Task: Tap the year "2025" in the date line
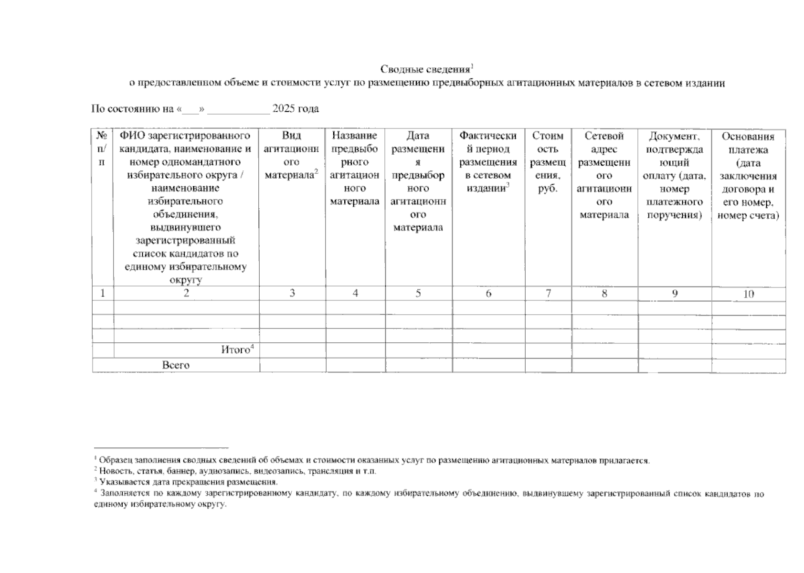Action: (283, 109)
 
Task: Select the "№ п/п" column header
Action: (102, 149)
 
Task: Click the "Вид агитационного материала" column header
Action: (292, 156)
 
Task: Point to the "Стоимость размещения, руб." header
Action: (548, 162)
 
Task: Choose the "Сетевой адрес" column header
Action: (604, 175)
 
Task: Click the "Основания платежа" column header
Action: (748, 176)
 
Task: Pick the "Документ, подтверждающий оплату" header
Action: (674, 175)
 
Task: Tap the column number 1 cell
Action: (103, 293)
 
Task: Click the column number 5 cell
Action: (418, 293)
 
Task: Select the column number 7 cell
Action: (548, 293)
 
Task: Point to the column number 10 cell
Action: (748, 294)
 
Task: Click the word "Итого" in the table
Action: (235, 350)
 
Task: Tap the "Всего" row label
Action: (176, 365)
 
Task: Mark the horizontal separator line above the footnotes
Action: (161, 448)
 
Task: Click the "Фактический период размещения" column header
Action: (488, 162)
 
